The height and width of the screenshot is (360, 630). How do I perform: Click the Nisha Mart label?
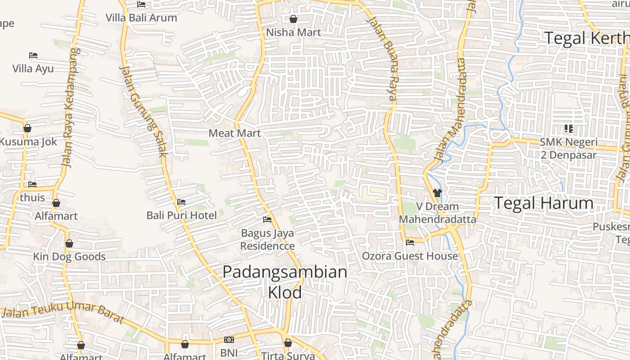tap(293, 32)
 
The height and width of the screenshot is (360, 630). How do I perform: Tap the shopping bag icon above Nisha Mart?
tap(293, 19)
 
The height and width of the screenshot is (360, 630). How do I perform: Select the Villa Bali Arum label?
tap(141, 18)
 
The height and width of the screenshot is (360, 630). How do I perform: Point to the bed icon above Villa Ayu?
tap(33, 55)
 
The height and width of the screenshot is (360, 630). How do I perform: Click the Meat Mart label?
tap(234, 133)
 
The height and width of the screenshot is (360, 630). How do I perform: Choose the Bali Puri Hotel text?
tap(181, 216)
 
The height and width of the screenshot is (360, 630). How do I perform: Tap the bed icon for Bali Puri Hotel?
tap(181, 202)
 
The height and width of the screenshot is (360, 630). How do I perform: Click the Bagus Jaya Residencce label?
tap(267, 239)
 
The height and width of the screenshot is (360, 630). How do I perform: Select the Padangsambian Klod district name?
tap(285, 282)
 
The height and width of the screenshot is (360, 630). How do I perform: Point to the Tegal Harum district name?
tap(544, 203)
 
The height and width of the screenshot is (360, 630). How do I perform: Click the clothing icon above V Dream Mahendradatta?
tap(437, 193)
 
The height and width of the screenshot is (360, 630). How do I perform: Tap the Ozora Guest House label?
tap(410, 256)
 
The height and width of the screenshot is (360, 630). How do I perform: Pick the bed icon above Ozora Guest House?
tap(410, 243)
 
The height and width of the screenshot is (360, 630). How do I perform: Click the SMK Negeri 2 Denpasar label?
tap(568, 149)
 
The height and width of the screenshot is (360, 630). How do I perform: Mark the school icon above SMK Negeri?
tap(568, 129)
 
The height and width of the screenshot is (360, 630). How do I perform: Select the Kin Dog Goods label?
tap(69, 257)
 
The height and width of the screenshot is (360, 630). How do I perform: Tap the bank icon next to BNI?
tap(229, 340)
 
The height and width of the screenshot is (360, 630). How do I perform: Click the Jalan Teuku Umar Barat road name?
tap(63, 312)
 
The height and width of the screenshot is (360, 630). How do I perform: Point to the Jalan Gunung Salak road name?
tap(143, 111)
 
